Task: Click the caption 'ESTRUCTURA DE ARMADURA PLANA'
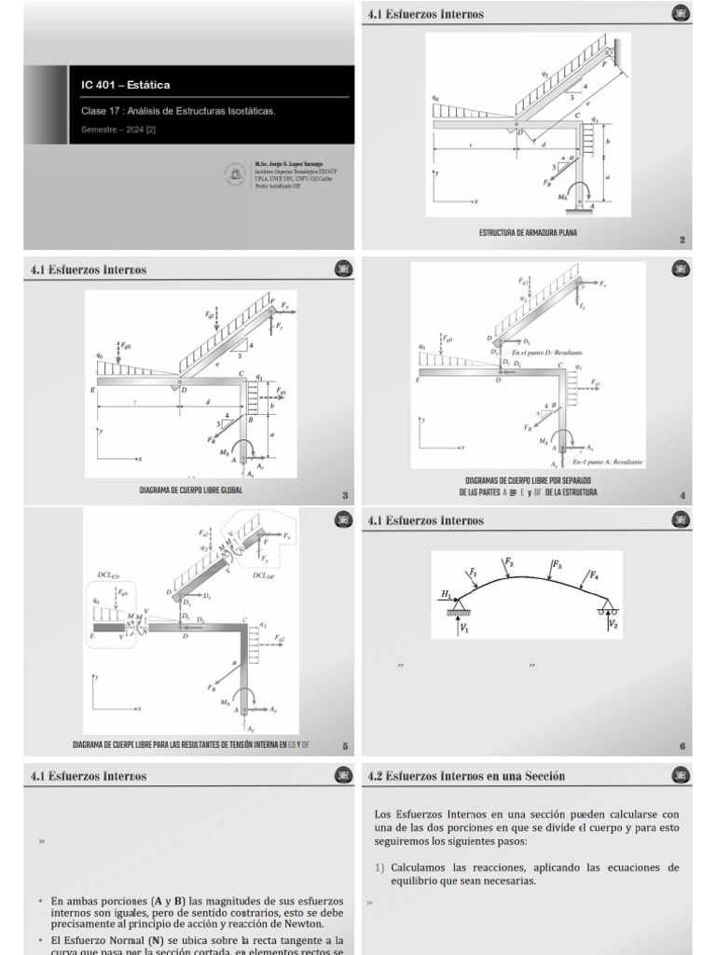(x=528, y=232)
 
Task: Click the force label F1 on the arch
(x=474, y=571)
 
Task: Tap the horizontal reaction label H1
(x=446, y=593)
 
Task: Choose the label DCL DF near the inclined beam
(x=264, y=575)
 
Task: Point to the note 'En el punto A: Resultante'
(x=607, y=462)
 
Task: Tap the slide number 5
(x=345, y=746)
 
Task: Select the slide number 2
(x=682, y=240)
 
